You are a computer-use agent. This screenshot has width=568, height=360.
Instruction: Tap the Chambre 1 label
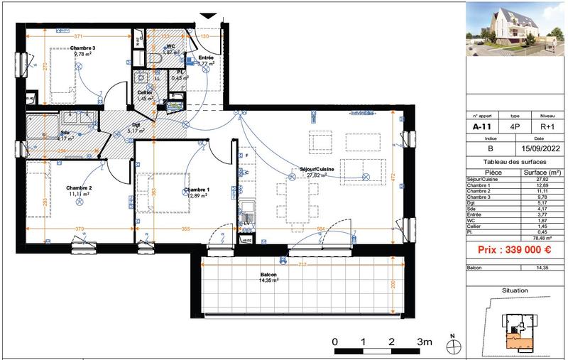coord(196,191)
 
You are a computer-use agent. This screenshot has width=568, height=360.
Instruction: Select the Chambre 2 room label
coord(79,188)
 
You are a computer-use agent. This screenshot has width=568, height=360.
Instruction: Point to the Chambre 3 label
coord(82,48)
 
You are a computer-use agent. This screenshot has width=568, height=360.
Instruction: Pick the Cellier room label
coord(146,93)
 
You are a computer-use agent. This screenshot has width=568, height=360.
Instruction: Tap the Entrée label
coord(206,58)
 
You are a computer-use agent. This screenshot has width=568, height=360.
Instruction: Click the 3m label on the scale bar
coord(425,342)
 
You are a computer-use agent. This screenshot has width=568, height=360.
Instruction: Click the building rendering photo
coord(514,31)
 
